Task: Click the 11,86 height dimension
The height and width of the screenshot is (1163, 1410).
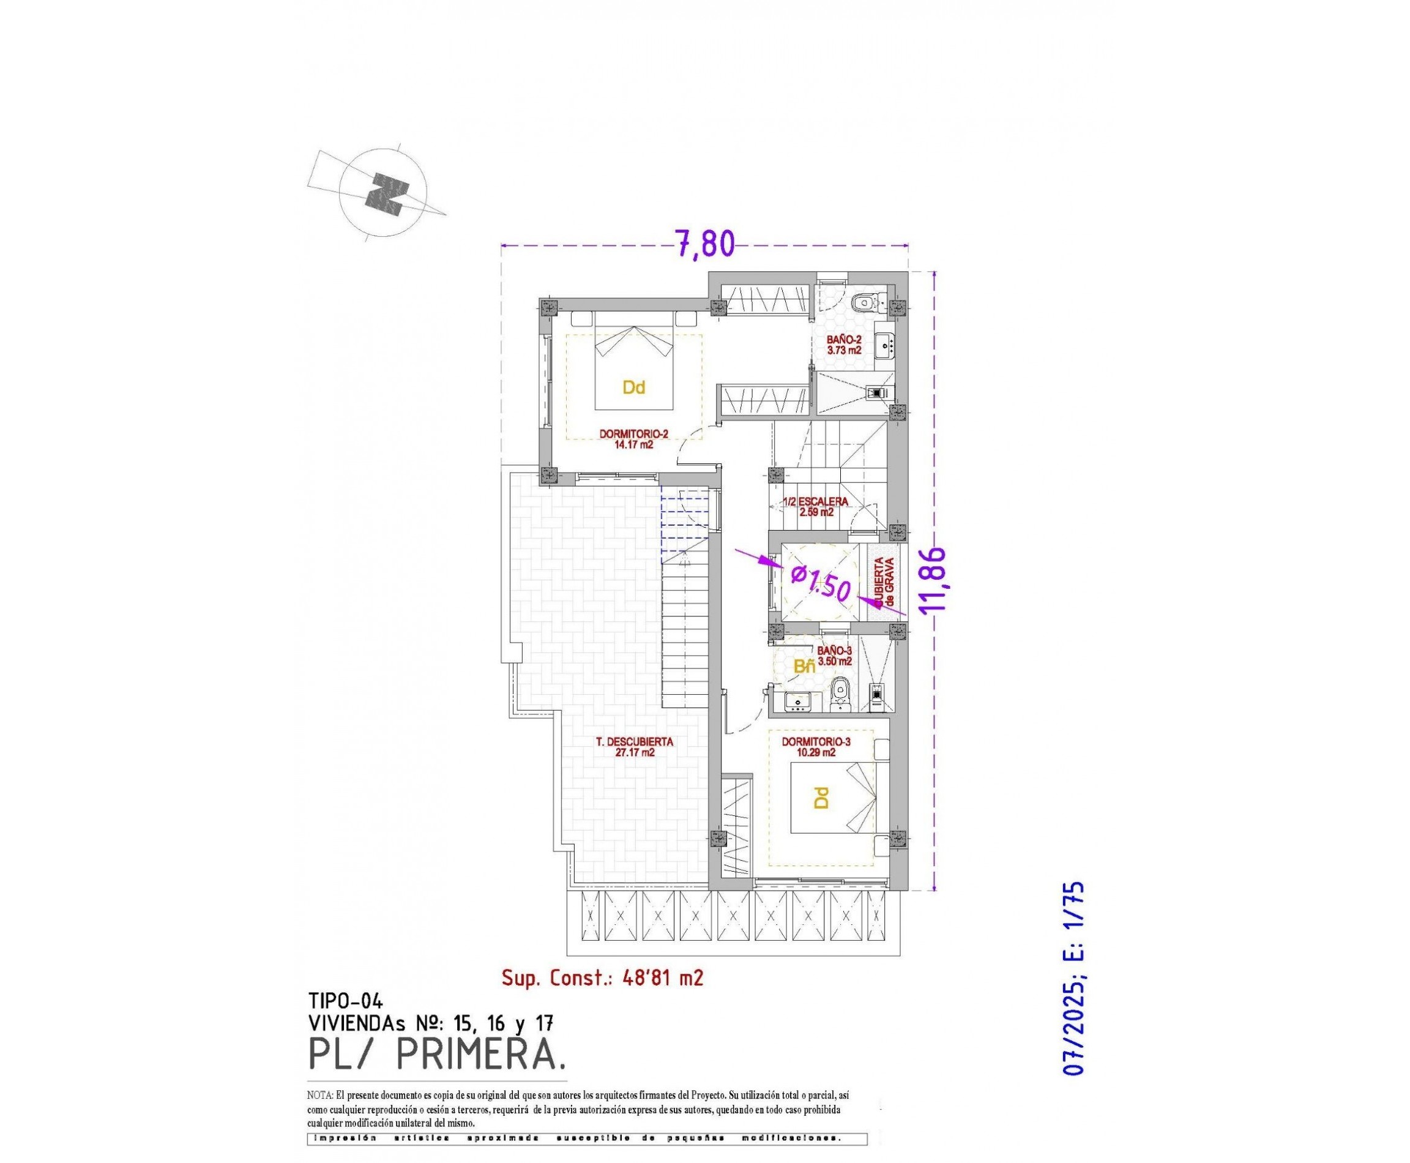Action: click(932, 580)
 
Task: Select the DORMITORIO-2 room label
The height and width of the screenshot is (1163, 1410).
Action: click(626, 438)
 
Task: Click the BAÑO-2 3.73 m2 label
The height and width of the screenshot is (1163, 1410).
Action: click(843, 345)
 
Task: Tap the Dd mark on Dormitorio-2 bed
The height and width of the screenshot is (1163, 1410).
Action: click(633, 387)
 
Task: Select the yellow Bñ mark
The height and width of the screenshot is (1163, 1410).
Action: click(804, 666)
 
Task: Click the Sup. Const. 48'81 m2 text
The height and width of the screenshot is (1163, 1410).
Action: click(602, 978)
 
